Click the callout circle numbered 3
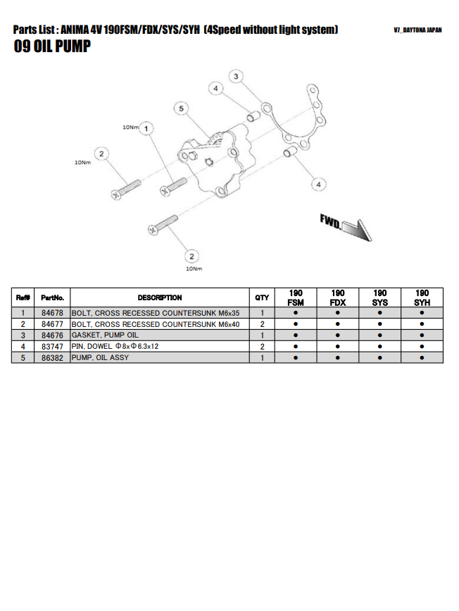pyautogui.click(x=237, y=76)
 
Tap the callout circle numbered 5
pyautogui.click(x=182, y=109)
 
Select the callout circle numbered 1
pyautogui.click(x=146, y=129)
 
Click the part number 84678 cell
pyautogui.click(x=53, y=313)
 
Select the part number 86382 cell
pyautogui.click(x=53, y=358)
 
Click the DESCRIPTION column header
pyautogui.click(x=160, y=297)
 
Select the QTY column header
pyautogui.click(x=262, y=297)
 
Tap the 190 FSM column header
pyautogui.click(x=296, y=297)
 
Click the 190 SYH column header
pyautogui.click(x=422, y=297)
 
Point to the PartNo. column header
pyautogui.click(x=53, y=297)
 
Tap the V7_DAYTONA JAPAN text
pyautogui.click(x=417, y=31)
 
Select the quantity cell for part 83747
pyautogui.click(x=262, y=347)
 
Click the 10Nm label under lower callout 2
pyautogui.click(x=194, y=269)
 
